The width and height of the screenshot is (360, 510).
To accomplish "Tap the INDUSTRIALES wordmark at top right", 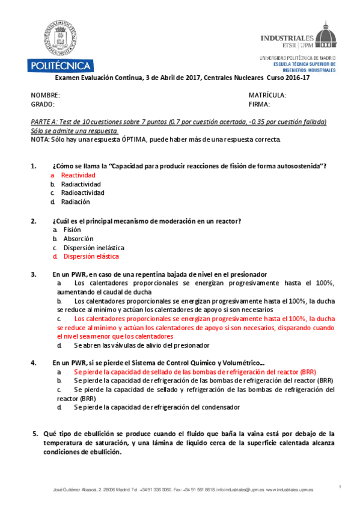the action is coord(287,37).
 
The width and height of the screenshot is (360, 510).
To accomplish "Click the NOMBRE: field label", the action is coord(46,95).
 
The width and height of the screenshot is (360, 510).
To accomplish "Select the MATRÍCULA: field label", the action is coord(267,95).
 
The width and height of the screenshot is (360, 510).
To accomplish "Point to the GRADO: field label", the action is coord(43,104).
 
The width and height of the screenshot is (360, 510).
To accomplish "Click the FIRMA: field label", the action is coord(261,104).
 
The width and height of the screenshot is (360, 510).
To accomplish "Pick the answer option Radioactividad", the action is coord(83,192).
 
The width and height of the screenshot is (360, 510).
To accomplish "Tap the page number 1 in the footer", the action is coord(340,486).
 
